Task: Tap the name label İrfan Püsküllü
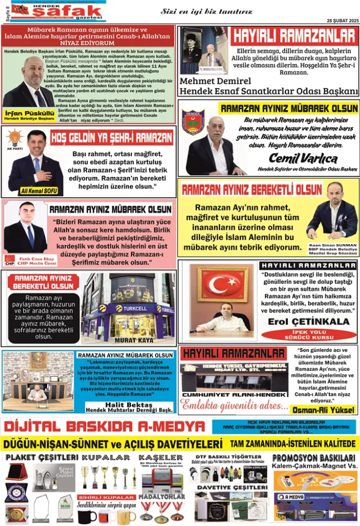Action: click(x=24, y=113)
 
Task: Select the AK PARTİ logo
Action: click(x=14, y=139)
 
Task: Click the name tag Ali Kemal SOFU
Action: click(x=40, y=190)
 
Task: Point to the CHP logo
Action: click(x=9, y=259)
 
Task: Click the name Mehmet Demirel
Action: click(x=215, y=81)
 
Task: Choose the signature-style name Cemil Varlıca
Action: click(x=303, y=157)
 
